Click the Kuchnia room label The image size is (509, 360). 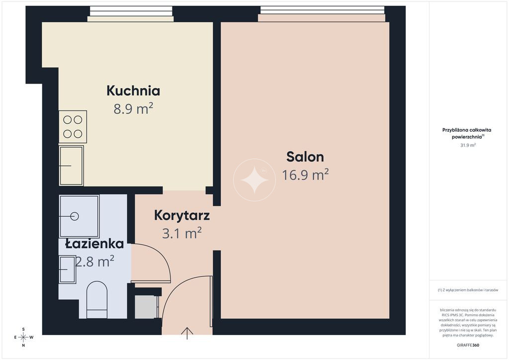133,91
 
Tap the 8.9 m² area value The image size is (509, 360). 133,109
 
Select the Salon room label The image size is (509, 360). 305,157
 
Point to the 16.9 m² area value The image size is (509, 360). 305,175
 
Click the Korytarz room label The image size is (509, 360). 182,215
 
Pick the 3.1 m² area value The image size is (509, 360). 182,233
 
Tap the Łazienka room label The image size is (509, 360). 94,244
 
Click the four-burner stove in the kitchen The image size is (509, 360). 73,127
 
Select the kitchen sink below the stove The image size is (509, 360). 72,166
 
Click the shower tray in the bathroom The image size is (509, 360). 79,216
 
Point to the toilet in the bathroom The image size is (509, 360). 97,300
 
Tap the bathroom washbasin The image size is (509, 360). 67,270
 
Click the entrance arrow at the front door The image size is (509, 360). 187,333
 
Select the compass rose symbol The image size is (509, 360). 23,337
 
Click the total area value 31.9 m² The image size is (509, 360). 468,145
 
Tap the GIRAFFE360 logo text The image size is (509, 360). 468,345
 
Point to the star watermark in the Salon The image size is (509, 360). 254,180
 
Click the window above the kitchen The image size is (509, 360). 131,13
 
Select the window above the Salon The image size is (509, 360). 322,13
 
